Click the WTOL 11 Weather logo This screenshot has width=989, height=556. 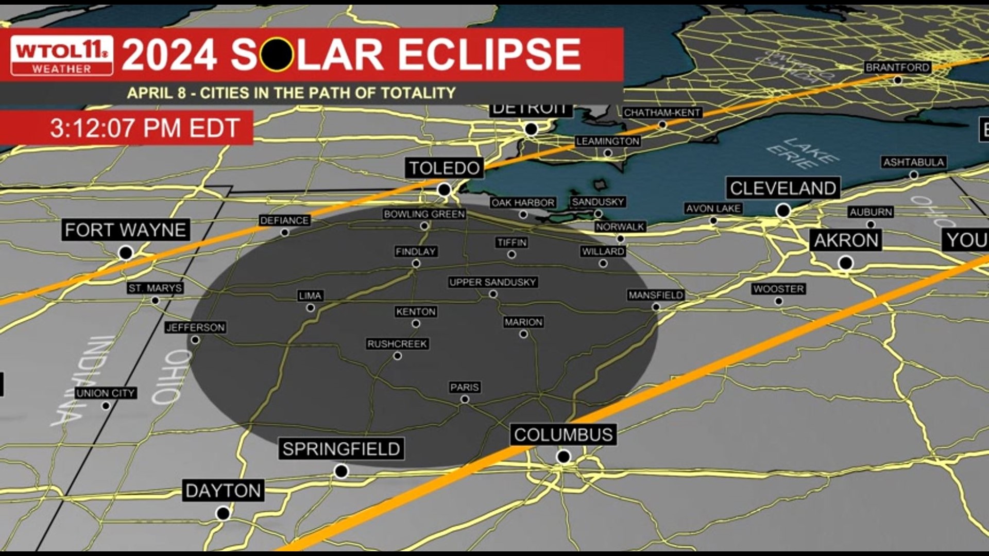62,56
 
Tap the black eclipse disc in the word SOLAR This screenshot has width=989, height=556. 277,55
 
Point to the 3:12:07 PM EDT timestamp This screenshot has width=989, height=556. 145,128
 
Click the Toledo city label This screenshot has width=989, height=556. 445,168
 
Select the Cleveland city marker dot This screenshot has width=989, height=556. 783,210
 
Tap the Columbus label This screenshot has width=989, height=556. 563,435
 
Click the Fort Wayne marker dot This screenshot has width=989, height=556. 126,253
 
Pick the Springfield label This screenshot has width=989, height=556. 341,449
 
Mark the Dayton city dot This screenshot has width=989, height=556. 223,513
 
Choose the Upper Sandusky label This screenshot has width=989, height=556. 493,282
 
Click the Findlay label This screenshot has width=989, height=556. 416,251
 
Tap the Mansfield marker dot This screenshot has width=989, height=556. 656,307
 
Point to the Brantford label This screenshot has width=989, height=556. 897,67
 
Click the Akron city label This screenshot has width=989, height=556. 846,240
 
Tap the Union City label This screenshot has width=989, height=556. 106,393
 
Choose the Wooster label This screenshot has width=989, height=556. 778,289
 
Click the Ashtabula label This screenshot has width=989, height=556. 913,162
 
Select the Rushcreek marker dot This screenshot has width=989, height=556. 397,356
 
